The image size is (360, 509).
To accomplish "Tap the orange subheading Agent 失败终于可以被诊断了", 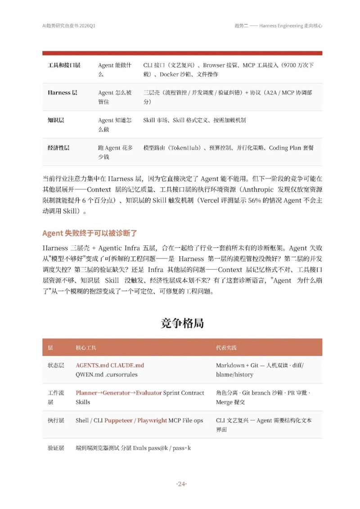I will (x=89, y=233).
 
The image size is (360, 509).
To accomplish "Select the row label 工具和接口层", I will (x=64, y=65).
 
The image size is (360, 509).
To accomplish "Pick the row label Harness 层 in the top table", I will (x=62, y=93).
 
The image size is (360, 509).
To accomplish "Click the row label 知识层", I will (x=56, y=121).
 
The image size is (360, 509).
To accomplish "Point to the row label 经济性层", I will (x=58, y=148).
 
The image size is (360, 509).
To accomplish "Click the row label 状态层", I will (x=56, y=365).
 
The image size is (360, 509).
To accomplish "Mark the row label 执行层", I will (x=56, y=420).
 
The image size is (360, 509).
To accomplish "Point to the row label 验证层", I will (x=56, y=448).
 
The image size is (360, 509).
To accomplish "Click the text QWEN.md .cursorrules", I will (x=107, y=374).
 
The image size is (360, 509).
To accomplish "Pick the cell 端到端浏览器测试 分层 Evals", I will (x=112, y=448).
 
